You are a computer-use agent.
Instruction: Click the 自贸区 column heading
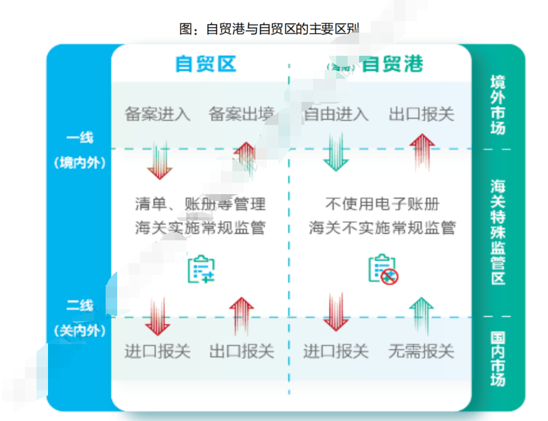206,64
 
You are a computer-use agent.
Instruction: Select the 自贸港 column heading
392,64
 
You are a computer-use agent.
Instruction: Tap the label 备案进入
157,115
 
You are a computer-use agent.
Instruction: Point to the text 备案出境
241,115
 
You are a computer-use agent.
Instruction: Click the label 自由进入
336,115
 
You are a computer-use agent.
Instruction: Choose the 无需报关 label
421,351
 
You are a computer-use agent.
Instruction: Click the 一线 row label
79,138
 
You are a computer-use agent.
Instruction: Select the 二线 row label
79,305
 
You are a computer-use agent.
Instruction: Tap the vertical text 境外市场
497,105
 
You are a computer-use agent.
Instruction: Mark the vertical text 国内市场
497,359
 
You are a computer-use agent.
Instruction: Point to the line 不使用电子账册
382,205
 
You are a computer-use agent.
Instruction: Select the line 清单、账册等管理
200,205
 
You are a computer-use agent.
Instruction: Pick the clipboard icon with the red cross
383,270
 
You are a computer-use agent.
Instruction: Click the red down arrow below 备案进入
159,160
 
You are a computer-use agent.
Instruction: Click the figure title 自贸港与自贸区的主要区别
269,29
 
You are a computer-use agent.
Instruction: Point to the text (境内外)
79,162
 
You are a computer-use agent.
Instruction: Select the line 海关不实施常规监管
382,227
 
